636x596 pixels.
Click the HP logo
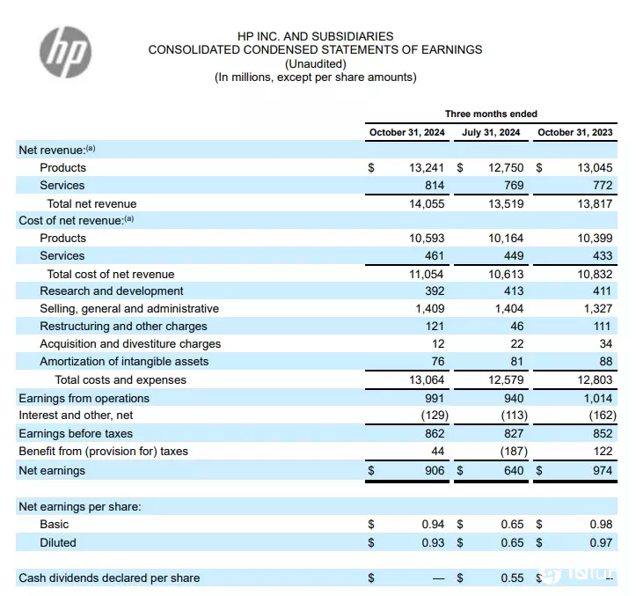(65, 52)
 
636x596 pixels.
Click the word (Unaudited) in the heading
(316, 63)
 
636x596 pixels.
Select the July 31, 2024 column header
(491, 132)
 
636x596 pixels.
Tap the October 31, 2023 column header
(574, 132)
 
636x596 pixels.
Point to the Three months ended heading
(491, 114)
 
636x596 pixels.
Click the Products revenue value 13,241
(427, 167)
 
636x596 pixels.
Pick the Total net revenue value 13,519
(506, 203)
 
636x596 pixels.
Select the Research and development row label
(112, 291)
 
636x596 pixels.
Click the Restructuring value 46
(516, 326)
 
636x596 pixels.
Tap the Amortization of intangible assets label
(124, 361)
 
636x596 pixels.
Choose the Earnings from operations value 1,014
(598, 398)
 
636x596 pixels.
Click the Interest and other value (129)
(435, 415)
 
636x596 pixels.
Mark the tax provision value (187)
(514, 451)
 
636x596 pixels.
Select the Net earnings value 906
(435, 470)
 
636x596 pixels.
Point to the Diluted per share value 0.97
(601, 542)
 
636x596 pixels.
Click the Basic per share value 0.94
(433, 524)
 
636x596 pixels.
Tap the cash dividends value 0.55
(512, 578)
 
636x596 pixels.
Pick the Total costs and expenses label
(121, 379)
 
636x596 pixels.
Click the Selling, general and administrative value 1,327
(598, 308)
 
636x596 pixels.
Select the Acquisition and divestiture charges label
(130, 344)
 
